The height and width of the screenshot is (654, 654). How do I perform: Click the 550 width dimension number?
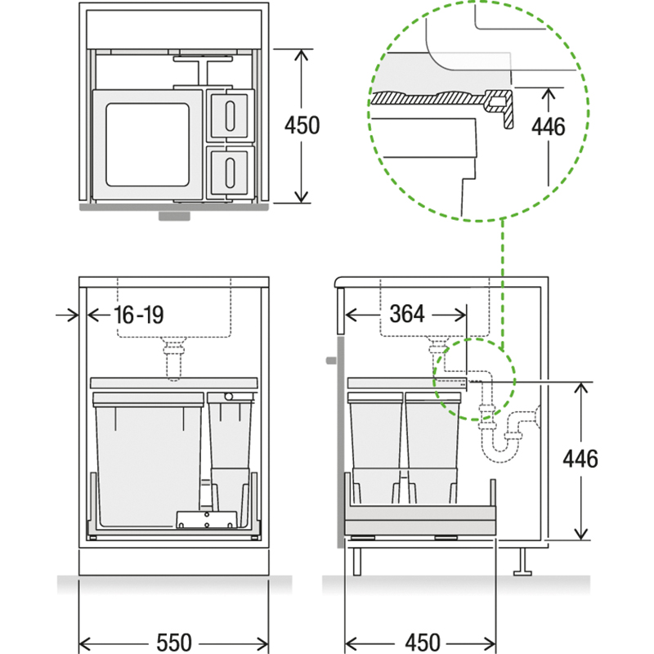click(x=174, y=643)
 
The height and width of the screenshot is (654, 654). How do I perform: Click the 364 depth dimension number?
click(x=407, y=314)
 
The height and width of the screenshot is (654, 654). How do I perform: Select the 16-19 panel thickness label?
click(x=139, y=315)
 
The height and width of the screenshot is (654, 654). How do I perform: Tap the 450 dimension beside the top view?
click(x=302, y=125)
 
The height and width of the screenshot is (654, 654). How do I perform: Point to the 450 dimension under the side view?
click(x=423, y=643)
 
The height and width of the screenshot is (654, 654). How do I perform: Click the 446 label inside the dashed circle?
click(x=548, y=127)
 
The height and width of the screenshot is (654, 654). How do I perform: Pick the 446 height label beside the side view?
click(x=580, y=459)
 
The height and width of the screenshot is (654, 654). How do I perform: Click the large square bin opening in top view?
click(x=148, y=145)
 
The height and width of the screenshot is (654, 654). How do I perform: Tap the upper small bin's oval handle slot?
click(x=230, y=115)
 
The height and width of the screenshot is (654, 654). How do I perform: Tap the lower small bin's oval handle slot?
click(x=230, y=172)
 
